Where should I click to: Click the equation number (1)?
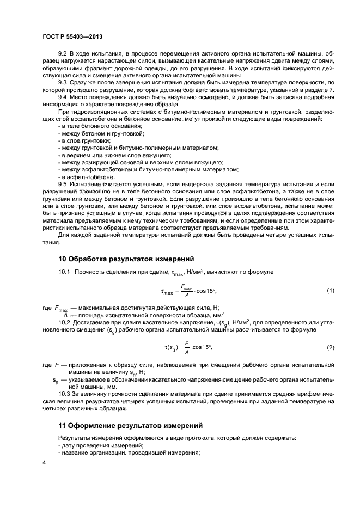tap(330, 291)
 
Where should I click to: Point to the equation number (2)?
tap(330, 347)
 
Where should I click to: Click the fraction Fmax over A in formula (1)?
tap(186, 291)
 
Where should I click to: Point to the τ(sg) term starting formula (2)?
tap(173, 347)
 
